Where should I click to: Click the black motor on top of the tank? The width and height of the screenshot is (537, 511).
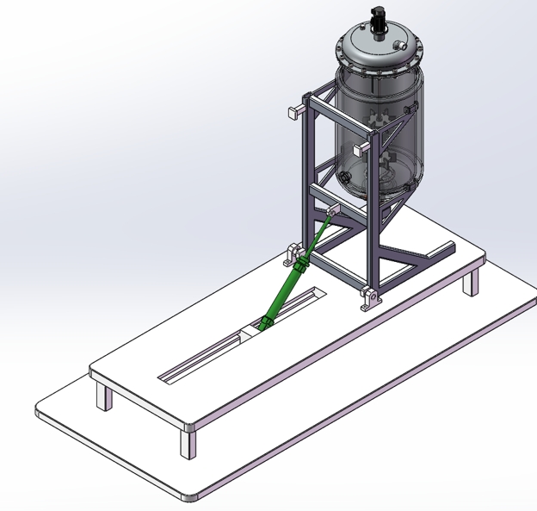point(376,18)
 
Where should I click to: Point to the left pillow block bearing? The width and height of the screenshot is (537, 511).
point(294,256)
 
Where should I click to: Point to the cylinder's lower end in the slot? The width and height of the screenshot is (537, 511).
point(264,324)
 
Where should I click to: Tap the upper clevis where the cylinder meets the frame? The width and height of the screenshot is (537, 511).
point(331,211)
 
